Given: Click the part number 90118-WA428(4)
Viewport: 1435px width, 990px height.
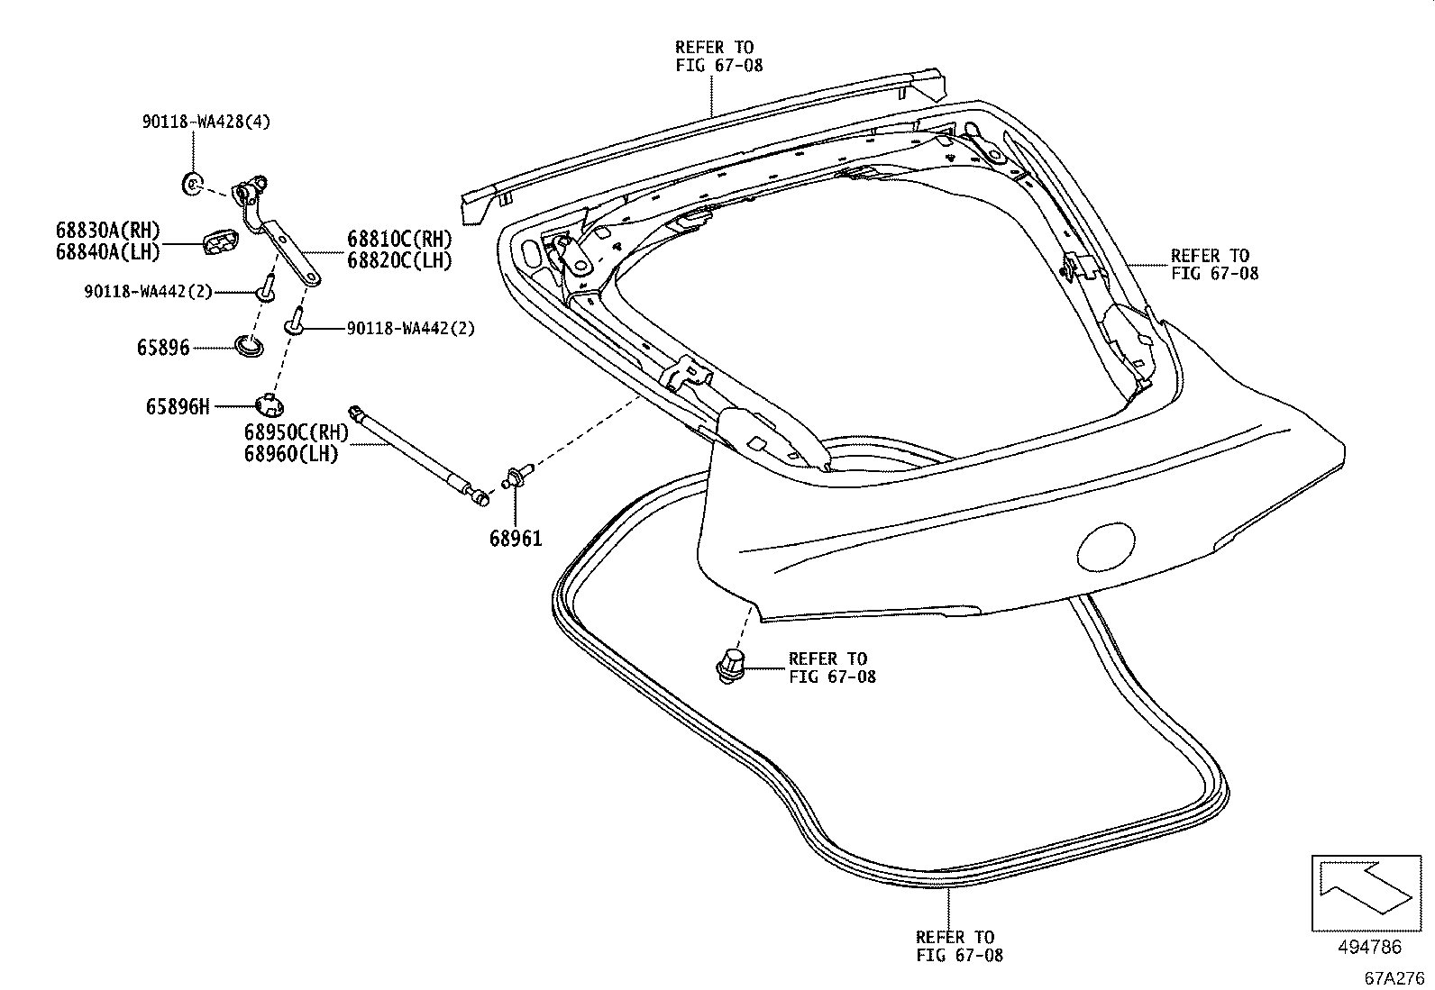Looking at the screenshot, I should coord(206,123).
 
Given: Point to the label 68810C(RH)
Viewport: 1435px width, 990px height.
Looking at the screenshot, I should coord(399,241).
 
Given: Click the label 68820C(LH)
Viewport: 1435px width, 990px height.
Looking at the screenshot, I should coord(399,261).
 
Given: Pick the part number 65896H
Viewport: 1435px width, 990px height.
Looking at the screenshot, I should coord(178,407).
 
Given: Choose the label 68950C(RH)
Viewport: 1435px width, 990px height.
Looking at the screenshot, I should coord(296,434).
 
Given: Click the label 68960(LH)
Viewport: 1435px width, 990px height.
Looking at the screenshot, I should coord(290,455).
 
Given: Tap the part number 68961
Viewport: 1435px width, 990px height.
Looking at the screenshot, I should coord(516,539).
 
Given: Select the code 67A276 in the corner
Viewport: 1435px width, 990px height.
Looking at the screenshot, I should coord(1392,977).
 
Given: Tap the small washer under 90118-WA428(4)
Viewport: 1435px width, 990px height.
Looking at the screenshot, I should coord(192,184).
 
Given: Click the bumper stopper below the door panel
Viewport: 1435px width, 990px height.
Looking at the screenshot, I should coord(731,665).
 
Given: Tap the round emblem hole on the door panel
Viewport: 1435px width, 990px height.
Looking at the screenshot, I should coord(1107,545).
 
